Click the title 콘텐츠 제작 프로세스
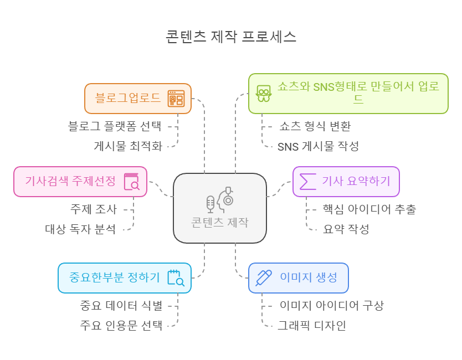click(231, 37)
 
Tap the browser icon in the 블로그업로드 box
click(176, 99)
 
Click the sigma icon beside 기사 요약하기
click(307, 181)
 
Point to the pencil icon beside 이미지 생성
click(264, 277)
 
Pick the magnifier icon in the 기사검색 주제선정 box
click(132, 182)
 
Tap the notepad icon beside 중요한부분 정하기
click(176, 277)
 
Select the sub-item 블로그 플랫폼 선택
click(115, 126)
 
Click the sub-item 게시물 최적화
click(127, 146)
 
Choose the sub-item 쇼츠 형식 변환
click(315, 126)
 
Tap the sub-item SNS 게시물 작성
click(318, 146)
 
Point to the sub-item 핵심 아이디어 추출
click(369, 209)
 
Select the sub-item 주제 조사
click(93, 209)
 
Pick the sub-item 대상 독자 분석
click(81, 229)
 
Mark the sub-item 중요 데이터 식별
click(121, 305)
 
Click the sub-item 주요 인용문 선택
click(121, 325)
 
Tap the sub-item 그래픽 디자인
click(312, 325)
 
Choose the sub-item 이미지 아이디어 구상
click(331, 305)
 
